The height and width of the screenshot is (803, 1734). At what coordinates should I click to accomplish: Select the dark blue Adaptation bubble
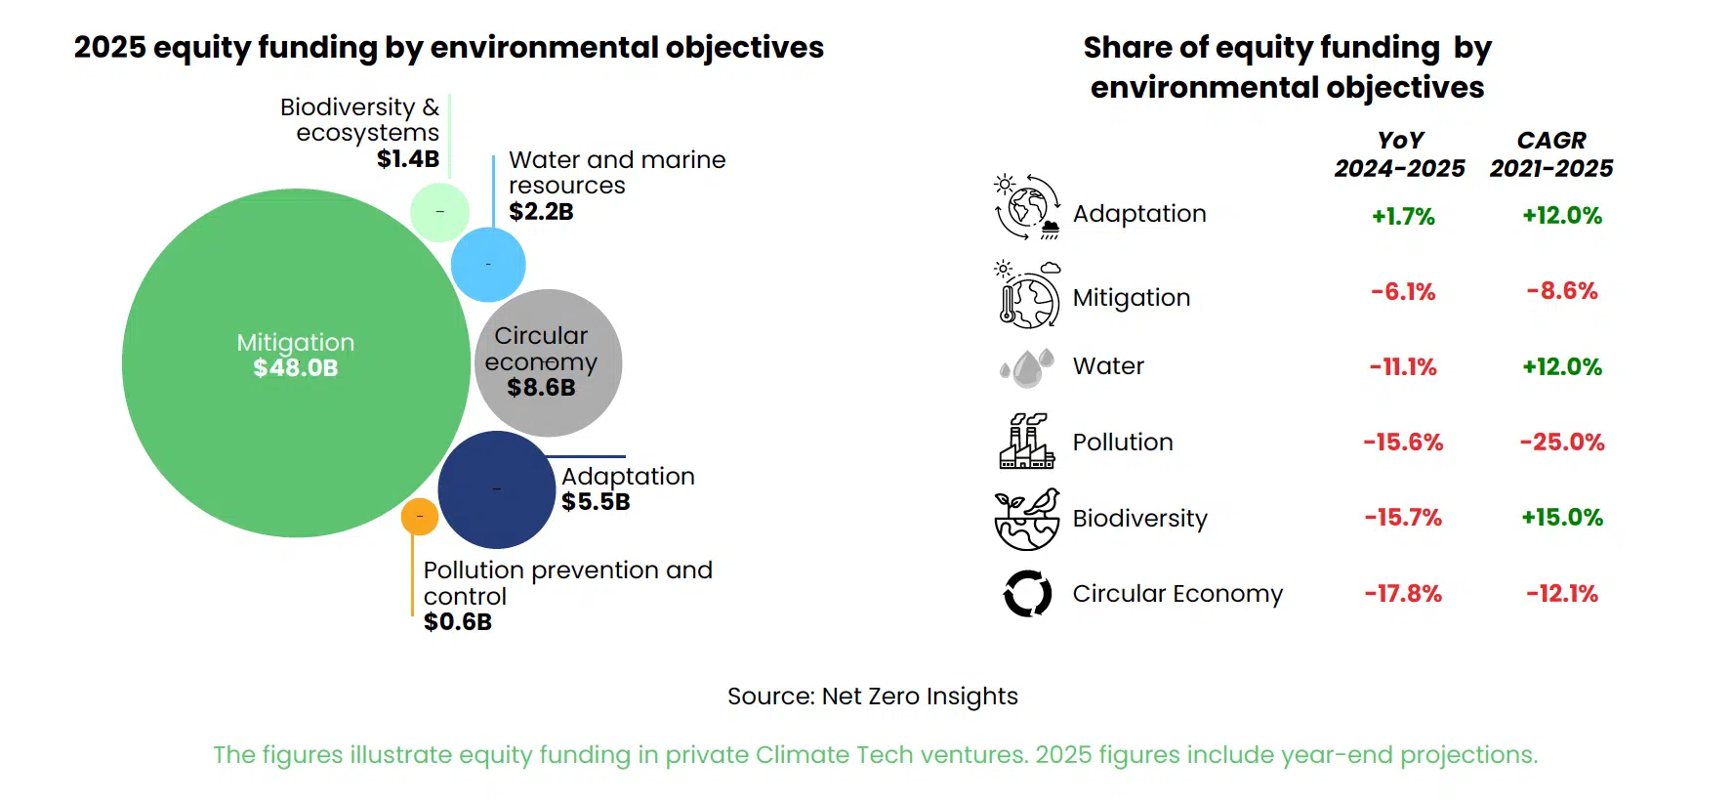tap(496, 489)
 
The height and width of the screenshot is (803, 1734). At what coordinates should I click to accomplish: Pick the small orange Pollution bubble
tap(420, 516)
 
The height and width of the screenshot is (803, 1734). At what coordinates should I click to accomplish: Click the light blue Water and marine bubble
tap(488, 264)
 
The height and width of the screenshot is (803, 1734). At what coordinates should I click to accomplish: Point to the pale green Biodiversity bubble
tap(439, 212)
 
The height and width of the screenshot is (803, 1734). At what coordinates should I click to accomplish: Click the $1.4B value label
tap(408, 158)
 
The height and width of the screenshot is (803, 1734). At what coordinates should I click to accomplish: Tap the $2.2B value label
tap(541, 211)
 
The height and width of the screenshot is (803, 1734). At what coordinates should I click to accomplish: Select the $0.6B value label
tap(457, 622)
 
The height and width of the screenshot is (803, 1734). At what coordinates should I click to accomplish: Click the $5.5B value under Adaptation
tap(596, 502)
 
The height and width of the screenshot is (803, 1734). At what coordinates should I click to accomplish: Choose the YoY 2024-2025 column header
tap(1399, 154)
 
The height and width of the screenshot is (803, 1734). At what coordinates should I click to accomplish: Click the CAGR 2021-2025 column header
tap(1551, 154)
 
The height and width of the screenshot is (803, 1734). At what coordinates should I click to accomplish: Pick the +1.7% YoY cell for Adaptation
tap(1403, 216)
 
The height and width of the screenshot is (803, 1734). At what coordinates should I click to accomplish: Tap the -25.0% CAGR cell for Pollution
tap(1561, 443)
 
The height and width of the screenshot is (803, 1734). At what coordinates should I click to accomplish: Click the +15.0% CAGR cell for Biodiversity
tap(1561, 518)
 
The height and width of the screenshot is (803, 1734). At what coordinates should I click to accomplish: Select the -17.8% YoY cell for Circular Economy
tap(1403, 594)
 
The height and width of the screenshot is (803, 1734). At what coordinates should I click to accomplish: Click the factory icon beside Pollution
tap(1026, 442)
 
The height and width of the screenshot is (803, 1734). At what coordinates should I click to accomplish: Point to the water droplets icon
tap(1027, 367)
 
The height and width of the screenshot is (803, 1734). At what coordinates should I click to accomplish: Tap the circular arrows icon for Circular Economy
tap(1027, 593)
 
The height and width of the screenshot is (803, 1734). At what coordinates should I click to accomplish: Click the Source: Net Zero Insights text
tap(872, 697)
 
